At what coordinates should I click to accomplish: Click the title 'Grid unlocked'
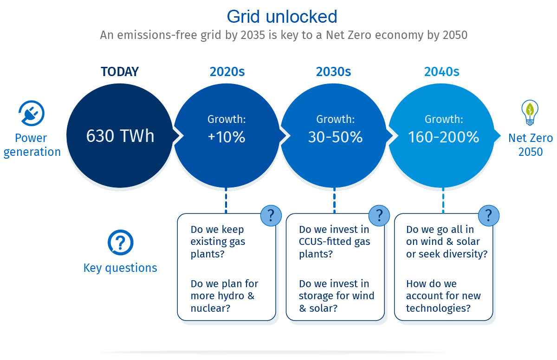282,17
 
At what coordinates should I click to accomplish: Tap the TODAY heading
120,71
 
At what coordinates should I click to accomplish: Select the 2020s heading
227,71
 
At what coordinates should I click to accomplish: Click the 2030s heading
333,71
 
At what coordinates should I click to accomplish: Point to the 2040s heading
441,71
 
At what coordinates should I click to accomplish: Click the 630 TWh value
120,136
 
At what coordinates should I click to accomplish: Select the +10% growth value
227,137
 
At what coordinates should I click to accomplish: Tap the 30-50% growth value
335,137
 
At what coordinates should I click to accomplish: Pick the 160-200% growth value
444,137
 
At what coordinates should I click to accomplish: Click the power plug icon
32,113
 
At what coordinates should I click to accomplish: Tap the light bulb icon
530,113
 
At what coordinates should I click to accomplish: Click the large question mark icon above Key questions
120,243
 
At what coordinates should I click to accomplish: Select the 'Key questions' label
120,268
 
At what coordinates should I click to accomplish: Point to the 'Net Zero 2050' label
531,145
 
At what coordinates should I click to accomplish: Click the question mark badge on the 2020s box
271,215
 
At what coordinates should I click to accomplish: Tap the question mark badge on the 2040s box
489,215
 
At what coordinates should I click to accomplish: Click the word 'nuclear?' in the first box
210,308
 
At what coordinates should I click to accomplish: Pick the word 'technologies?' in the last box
438,308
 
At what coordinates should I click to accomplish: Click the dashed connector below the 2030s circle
335,200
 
